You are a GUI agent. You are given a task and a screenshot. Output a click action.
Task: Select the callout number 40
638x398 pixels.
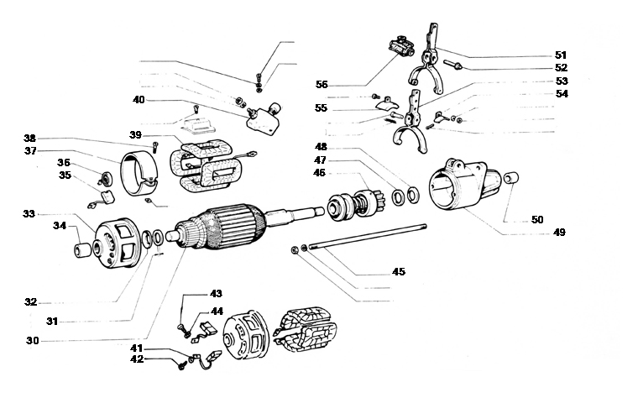tap(139, 99)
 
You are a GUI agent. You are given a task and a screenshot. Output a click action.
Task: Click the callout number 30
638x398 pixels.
tap(32, 340)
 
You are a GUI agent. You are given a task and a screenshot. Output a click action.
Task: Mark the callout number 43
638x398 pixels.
tap(216, 294)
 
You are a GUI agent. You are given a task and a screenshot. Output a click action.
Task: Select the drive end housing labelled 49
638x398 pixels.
tap(458, 189)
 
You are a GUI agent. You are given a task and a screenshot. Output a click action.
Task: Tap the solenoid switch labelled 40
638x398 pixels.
tap(264, 115)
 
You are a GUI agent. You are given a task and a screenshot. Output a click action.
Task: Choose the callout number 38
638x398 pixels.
tap(30, 138)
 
